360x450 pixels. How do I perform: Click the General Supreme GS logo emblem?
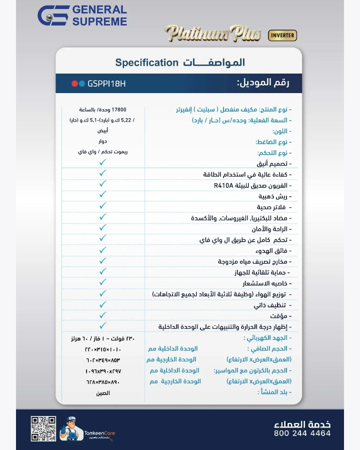53,16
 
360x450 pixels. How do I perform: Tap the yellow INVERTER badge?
282,36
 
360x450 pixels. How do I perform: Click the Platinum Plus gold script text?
213,34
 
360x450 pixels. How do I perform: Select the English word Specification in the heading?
146,63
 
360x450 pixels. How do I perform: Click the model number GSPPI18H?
106,84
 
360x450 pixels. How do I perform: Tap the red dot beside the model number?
74,84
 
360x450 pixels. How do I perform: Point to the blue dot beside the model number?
82,84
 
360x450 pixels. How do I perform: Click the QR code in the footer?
43,428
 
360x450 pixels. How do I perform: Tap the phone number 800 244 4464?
302,433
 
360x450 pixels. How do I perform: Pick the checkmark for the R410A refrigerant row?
102,184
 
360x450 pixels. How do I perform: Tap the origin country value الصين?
103,393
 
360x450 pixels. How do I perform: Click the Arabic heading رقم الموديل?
263,83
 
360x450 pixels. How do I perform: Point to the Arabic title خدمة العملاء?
302,424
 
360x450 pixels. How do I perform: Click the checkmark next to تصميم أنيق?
102,162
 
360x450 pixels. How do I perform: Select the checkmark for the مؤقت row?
102,315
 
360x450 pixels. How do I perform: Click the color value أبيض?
102,131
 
